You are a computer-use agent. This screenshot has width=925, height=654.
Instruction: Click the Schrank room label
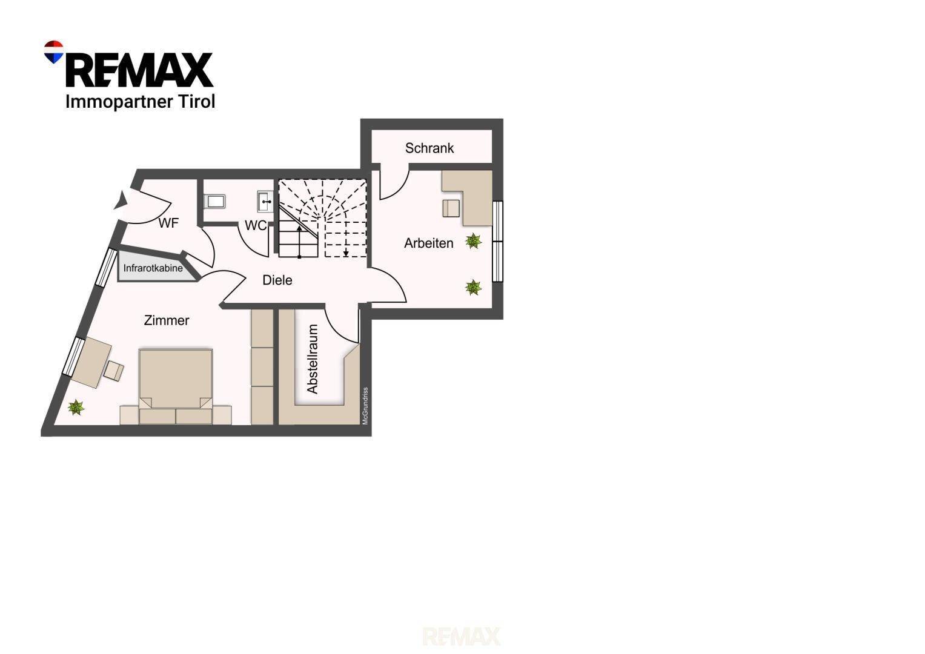pos(429,148)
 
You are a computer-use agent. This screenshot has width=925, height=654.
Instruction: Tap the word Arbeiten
pos(429,243)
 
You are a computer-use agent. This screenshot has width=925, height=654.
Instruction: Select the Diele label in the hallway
pos(277,280)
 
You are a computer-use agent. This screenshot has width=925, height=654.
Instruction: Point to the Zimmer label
pos(167,320)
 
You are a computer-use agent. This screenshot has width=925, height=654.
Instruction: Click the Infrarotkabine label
pos(153,268)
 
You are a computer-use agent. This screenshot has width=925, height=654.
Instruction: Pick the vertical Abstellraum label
pos(313,358)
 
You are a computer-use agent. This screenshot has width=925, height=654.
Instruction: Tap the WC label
pos(256,225)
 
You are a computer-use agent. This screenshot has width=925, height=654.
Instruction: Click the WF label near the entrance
pos(168,223)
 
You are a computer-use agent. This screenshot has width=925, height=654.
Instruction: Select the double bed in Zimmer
pos(176,386)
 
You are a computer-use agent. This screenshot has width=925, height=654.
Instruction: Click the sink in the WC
pos(265,202)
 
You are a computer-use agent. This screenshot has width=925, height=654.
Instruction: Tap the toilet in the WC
pos(214,202)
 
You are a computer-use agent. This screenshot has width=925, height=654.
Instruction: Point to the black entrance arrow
pos(121,200)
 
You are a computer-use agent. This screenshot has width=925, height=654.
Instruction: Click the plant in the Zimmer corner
pos(76,408)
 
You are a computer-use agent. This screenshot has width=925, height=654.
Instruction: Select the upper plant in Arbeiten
pos(473,241)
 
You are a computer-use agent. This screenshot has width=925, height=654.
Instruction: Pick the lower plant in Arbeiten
pos(473,288)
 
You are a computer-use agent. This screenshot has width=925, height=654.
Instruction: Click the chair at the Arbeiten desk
pos(451,208)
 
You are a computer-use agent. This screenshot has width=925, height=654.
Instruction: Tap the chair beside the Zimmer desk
pos(113,371)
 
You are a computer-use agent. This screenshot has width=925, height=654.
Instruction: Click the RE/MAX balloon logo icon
pos(54,52)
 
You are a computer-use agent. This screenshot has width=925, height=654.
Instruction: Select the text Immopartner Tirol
pos(141,102)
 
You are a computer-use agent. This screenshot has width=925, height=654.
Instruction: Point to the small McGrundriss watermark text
pos(365,406)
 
